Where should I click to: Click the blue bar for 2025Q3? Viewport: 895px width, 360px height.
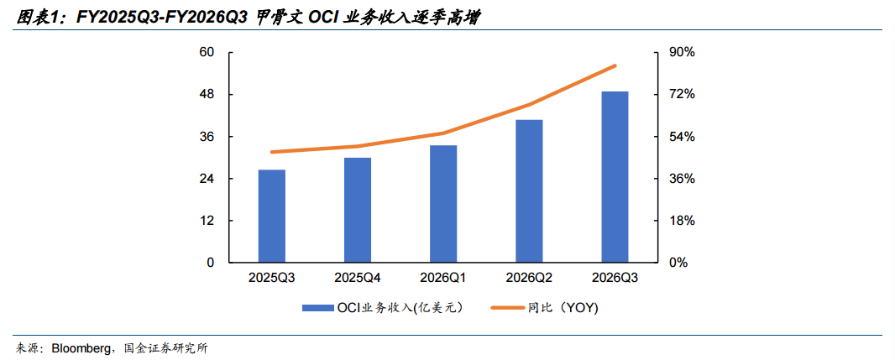[272, 216]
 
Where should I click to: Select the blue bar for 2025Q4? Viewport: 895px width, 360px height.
[358, 210]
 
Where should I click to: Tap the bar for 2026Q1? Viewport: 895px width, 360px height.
[443, 204]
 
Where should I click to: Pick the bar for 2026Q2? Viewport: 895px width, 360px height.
[529, 191]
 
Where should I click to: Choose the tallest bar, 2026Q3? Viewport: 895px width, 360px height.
[615, 177]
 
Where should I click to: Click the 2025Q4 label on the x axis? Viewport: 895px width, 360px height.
[358, 278]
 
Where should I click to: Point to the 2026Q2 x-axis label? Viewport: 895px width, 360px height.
[529, 278]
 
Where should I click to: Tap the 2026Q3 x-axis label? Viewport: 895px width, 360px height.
[615, 278]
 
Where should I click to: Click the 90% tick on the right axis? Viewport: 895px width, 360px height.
[682, 52]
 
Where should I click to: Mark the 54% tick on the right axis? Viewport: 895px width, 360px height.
[682, 137]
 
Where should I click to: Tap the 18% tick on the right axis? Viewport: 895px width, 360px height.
[682, 221]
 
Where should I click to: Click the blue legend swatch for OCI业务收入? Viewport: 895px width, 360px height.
[317, 308]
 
